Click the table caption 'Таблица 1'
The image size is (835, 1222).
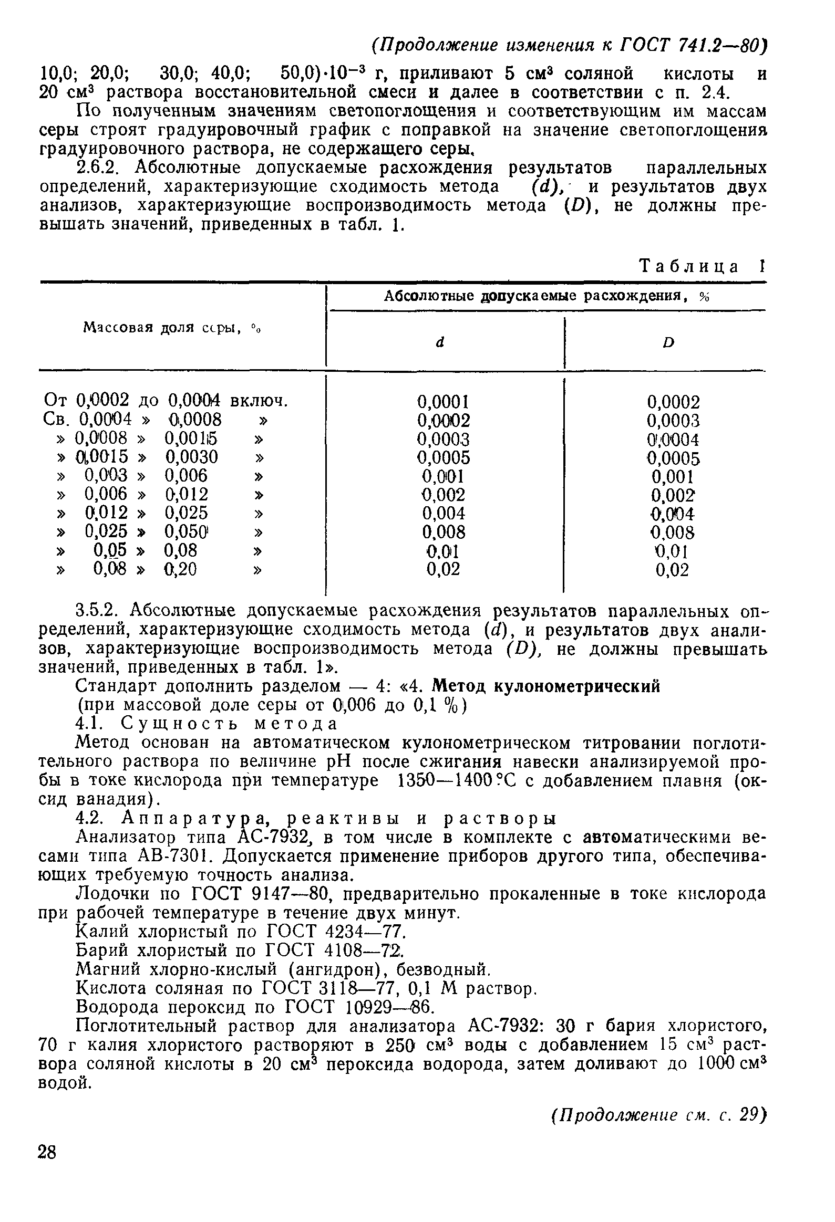[702, 267]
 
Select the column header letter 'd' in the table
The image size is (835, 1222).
[440, 342]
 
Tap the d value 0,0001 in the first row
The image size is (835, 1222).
[443, 402]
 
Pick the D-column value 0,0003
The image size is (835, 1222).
[674, 421]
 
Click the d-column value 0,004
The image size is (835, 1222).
[444, 513]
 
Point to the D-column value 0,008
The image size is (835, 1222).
[674, 532]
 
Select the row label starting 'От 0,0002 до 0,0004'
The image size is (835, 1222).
[166, 401]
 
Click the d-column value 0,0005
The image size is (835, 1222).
[444, 457]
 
